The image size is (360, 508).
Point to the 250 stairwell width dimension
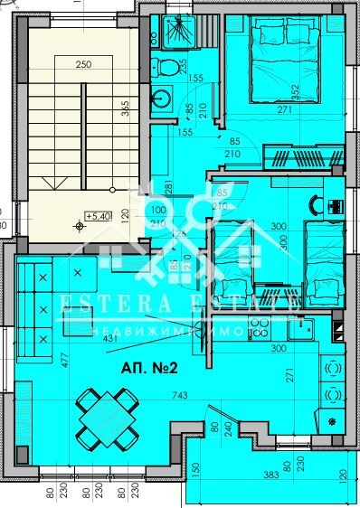tap(84, 65)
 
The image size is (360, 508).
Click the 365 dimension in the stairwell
tap(124, 108)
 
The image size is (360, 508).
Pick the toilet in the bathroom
tap(167, 66)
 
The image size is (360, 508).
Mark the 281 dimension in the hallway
tap(168, 187)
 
